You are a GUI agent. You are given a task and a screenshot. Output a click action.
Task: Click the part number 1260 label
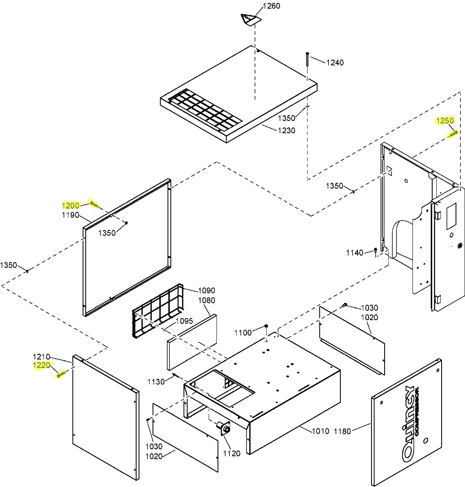tap(272, 6)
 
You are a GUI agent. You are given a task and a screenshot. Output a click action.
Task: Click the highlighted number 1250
tap(445, 121)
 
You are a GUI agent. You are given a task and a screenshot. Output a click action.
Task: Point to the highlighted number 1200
tap(71, 205)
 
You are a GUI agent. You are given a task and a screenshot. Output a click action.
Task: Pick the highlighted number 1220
tap(41, 365)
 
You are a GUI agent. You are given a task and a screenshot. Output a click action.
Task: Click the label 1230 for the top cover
tap(286, 131)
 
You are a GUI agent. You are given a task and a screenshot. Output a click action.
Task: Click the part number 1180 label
tap(342, 431)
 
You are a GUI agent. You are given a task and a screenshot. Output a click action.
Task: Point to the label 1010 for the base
tap(321, 431)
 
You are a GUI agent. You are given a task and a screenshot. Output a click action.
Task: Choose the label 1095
tap(184, 321)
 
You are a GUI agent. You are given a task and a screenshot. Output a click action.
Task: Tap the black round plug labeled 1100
tap(266, 326)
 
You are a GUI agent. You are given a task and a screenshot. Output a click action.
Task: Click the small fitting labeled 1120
tap(226, 429)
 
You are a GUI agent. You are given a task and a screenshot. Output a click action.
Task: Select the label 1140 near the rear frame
tap(354, 253)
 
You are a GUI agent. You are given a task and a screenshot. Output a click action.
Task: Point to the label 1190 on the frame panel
tap(71, 214)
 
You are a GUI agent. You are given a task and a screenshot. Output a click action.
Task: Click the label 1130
tap(156, 382)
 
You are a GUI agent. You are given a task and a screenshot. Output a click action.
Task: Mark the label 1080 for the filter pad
tap(206, 300)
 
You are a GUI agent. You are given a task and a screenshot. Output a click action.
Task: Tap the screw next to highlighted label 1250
tap(453, 133)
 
